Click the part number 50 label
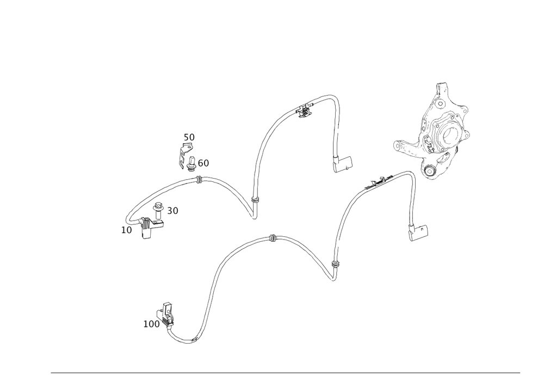click(189, 136)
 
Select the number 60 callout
click(203, 163)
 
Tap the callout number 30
click(173, 210)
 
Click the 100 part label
click(152, 324)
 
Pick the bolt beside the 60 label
click(192, 161)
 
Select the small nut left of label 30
click(158, 207)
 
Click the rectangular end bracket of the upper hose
click(344, 164)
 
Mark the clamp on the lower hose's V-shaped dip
click(335, 265)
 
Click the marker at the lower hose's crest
click(273, 238)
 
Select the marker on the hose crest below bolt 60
click(199, 179)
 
